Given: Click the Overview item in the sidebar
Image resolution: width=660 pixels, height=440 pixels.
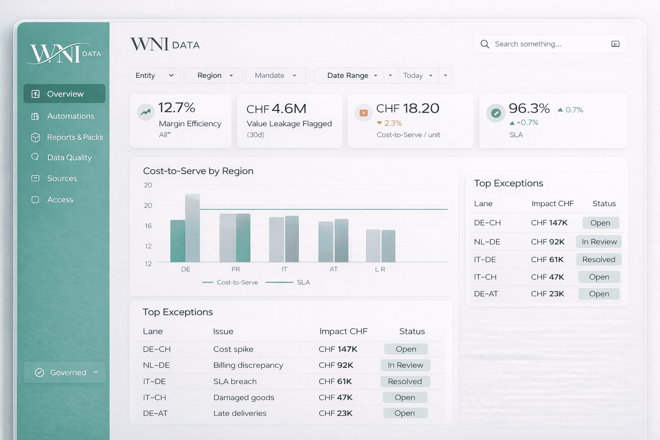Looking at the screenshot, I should click(x=64, y=94).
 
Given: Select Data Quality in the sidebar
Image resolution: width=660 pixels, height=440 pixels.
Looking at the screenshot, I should click(x=69, y=158).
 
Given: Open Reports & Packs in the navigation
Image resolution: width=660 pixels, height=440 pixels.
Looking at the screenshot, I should click(x=74, y=137).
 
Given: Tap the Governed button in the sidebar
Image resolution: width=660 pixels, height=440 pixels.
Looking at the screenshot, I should click(x=64, y=373).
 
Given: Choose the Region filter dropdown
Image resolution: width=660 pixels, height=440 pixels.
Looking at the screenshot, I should click(x=213, y=76).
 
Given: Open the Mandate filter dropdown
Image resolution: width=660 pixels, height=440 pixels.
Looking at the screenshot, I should click(x=275, y=76).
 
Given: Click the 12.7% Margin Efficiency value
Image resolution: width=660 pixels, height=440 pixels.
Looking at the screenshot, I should click(x=177, y=108).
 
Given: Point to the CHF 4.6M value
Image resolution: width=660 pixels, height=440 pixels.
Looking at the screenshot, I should click(x=276, y=109).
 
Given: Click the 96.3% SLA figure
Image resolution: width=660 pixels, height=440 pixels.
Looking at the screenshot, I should click(x=529, y=108).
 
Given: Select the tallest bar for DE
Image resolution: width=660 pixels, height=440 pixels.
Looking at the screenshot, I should click(x=192, y=228).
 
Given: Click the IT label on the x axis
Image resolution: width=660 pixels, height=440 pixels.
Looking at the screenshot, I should click(x=284, y=269).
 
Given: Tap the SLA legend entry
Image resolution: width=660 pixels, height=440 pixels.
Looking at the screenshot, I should click(x=303, y=282).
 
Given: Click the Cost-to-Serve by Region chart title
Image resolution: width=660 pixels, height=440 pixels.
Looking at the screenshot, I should click(x=198, y=171).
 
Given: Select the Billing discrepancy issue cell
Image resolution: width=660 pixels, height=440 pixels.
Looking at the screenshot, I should click(x=248, y=365).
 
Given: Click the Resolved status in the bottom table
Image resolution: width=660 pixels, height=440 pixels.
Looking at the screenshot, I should click(x=405, y=382).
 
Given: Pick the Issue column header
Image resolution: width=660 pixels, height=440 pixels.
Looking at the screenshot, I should click(x=223, y=331).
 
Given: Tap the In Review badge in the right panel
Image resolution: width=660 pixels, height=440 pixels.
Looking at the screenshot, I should click(x=599, y=242).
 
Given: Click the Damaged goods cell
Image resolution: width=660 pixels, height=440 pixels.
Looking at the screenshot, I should click(x=244, y=397).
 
